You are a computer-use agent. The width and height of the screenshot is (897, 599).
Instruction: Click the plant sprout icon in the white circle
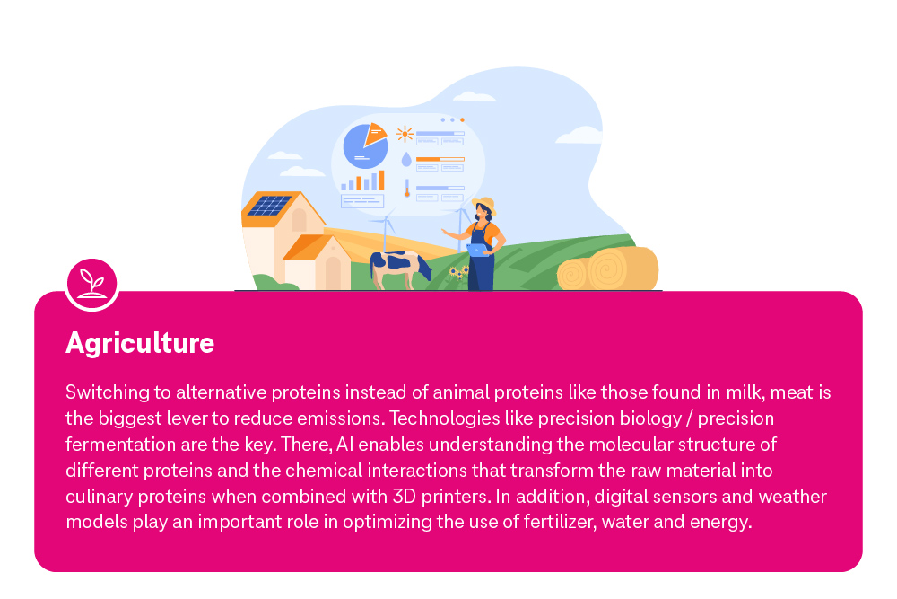coord(91,282)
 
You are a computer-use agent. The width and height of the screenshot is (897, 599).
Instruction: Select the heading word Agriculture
coord(140,343)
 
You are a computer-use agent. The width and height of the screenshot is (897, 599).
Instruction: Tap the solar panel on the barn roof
coord(268,206)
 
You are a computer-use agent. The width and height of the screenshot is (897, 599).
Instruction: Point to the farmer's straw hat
coord(483,204)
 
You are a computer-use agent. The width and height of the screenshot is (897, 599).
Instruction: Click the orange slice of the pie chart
coord(375,134)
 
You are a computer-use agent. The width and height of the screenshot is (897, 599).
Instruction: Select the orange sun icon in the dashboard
coord(405,135)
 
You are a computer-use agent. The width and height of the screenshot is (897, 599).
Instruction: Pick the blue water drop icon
coord(405,160)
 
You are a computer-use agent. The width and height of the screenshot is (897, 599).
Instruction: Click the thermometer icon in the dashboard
coord(406,188)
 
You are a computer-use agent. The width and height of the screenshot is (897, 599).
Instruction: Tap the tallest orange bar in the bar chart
coord(381,180)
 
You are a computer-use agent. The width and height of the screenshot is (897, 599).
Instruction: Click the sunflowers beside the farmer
coord(457,272)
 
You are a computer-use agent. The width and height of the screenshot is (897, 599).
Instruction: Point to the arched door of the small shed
coord(333,272)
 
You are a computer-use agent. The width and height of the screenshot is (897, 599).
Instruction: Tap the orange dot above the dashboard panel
coord(462,119)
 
